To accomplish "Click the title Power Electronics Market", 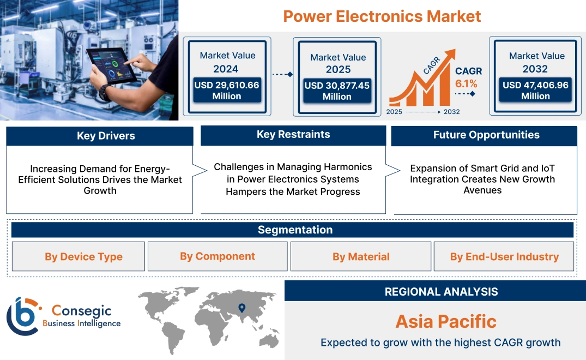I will coord(382,16).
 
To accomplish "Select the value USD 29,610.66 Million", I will coord(226,91).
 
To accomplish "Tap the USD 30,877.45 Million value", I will coord(337,91).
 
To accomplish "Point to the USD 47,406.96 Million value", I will coord(535,91).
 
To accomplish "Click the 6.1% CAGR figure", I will coord(466,83).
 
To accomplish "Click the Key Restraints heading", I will coord(293,135).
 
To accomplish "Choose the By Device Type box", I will coord(83,257).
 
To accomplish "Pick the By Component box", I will coord(218,256).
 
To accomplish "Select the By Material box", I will coord(361,257).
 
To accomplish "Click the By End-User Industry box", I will coord(504,257).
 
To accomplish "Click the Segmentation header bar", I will coord(295,230).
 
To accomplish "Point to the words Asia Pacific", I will coord(446,321).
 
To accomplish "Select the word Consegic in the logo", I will coord(81,311).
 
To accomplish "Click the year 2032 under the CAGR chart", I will coord(451,112).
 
